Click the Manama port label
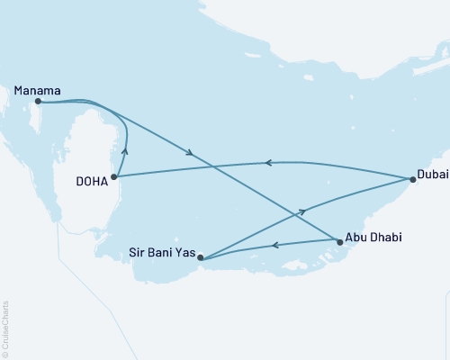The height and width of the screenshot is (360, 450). tap(37, 90)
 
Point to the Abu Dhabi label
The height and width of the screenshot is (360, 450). tap(374, 238)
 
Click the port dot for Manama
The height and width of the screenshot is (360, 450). tap(38, 102)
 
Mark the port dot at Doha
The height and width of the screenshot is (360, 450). tap(113, 177)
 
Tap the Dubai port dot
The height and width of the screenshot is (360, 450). tap(412, 180)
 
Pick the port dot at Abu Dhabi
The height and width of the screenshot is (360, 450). tap(338, 241)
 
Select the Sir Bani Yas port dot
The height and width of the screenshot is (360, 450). tap(201, 259)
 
